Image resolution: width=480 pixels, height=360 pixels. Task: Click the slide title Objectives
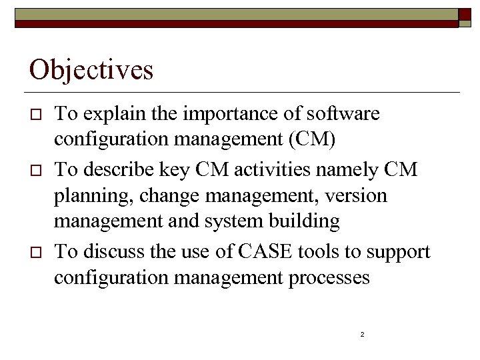click(91, 69)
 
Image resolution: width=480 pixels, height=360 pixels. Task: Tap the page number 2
click(361, 334)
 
